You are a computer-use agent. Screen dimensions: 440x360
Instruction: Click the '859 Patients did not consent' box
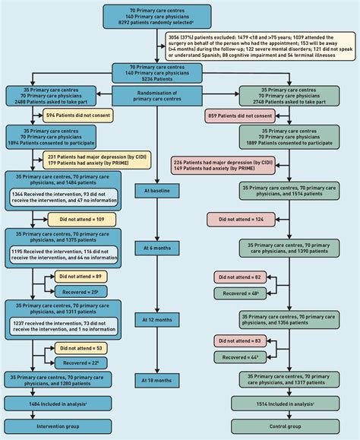(242, 116)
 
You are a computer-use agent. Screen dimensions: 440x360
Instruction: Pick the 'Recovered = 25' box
(86, 292)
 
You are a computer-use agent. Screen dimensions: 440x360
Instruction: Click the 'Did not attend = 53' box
(86, 347)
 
